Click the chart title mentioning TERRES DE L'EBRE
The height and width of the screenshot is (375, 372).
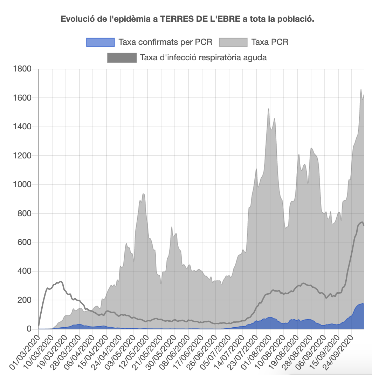tap(187, 19)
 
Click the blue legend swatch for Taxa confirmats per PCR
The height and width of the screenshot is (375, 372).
tap(100, 42)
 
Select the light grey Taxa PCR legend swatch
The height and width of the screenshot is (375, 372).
tap(233, 42)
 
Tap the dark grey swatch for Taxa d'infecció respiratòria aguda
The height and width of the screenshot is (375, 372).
tap(122, 57)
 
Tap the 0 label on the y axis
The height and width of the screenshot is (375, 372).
tap(29, 329)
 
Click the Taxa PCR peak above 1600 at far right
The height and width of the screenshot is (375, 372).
tap(361, 90)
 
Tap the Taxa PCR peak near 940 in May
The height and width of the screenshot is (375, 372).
tap(143, 194)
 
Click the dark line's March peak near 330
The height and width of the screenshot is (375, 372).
tap(61, 281)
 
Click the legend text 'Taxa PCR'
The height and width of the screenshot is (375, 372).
tap(270, 42)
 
